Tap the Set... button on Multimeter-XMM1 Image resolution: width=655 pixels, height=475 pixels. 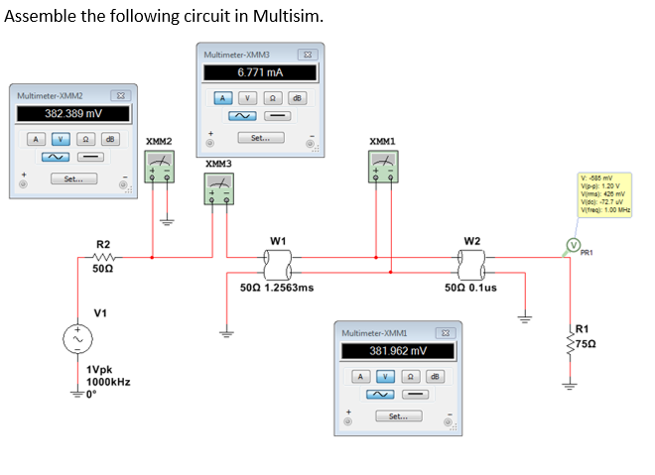coord(397,416)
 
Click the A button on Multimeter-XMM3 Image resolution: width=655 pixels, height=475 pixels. coord(224,97)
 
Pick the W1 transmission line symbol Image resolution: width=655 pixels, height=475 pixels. coord(277,260)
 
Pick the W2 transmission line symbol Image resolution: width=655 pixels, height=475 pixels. coord(471,260)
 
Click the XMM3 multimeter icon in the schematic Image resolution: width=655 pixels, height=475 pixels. coord(218,186)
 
